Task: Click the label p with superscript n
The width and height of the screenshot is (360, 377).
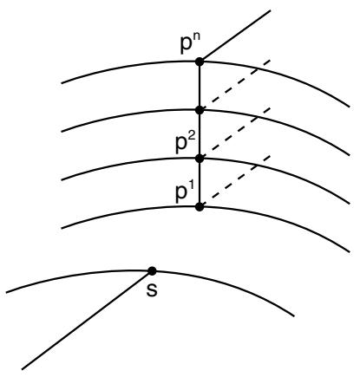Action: click(189, 44)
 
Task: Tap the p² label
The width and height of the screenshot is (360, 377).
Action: click(186, 144)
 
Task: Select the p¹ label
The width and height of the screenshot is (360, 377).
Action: click(184, 192)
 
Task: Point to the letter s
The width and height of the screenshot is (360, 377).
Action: click(152, 290)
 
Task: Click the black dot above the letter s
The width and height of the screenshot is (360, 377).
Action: click(152, 271)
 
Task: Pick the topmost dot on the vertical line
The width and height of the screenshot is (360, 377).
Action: click(200, 62)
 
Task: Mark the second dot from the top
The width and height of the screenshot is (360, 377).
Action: click(200, 110)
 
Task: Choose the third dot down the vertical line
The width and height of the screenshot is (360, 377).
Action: click(200, 159)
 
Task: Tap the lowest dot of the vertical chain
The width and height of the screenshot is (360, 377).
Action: click(200, 207)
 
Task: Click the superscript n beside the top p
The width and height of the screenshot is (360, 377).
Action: click(195, 39)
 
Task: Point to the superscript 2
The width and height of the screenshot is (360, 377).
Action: click(193, 138)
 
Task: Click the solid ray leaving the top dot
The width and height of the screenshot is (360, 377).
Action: click(235, 36)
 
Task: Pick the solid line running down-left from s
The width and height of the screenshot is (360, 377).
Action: click(87, 320)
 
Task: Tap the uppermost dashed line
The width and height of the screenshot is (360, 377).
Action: click(235, 85)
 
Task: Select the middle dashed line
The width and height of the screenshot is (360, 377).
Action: click(235, 133)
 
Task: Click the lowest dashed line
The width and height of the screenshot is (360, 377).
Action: click(235, 182)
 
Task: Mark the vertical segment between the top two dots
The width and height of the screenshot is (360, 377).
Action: click(200, 86)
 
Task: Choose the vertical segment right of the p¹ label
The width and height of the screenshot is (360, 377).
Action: click(200, 183)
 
